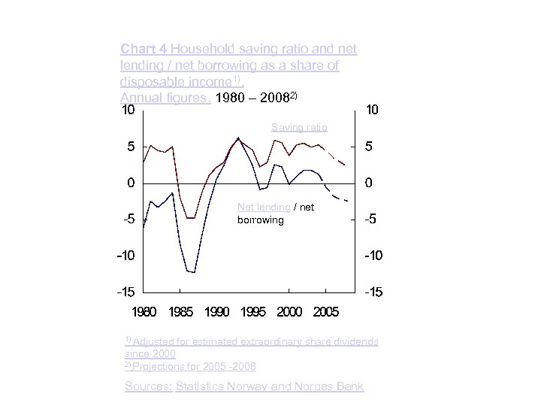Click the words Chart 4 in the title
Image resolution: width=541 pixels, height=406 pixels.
[x=144, y=49]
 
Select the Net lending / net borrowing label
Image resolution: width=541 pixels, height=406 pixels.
[x=275, y=214]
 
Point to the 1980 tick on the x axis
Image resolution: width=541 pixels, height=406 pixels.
[x=144, y=311]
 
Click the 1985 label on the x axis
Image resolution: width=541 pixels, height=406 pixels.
[x=181, y=311]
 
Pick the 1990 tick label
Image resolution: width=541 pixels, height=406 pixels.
[x=217, y=311]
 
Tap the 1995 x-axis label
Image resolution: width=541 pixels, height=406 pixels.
[x=253, y=311]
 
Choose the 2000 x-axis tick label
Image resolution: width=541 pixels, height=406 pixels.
[x=290, y=311]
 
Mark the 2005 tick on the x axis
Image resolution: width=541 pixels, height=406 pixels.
[x=326, y=311]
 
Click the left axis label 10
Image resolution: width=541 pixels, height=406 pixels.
[x=128, y=111]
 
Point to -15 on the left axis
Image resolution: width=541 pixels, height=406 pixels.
[x=126, y=292]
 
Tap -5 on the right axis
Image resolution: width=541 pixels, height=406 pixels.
[x=371, y=220]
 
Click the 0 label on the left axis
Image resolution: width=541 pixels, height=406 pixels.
[x=131, y=183]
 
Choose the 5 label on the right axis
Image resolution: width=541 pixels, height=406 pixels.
[x=369, y=147]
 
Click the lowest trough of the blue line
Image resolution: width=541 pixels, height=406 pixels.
[x=195, y=273]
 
